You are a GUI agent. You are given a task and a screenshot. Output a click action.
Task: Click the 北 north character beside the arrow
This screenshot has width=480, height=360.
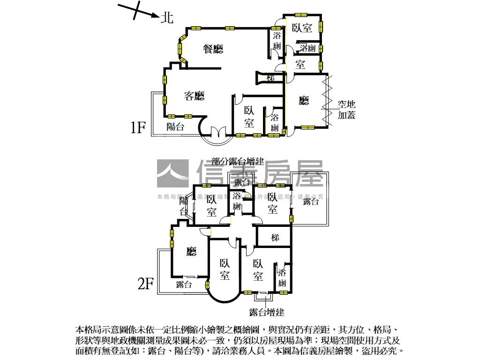coord(167,18)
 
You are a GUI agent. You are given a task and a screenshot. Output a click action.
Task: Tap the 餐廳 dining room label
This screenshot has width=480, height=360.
coord(213,49)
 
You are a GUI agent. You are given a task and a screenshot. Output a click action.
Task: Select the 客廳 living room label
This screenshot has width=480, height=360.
coord(194,96)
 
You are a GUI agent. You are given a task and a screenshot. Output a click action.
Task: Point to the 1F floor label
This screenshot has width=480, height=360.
coord(139,127)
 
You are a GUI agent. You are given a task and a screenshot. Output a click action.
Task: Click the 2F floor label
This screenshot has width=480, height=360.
coord(145,283)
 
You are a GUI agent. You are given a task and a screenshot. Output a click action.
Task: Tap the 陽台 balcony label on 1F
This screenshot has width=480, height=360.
coord(176,127)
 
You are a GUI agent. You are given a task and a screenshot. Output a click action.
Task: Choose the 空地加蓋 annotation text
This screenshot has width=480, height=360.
coord(346,109)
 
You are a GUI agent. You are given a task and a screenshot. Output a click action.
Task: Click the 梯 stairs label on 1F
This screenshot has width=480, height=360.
coord(270,78)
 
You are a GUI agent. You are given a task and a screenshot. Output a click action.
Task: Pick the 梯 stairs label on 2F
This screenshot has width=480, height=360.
coord(275,238)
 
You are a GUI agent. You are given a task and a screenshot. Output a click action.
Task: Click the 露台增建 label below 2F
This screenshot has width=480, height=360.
coord(266,312)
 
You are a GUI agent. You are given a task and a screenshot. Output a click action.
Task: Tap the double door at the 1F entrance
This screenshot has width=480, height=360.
coord(218,132)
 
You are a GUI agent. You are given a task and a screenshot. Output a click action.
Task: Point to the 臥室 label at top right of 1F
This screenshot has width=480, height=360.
coord(302,28)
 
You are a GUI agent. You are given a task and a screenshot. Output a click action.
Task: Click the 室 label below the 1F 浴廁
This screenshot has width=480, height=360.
coord(300,64)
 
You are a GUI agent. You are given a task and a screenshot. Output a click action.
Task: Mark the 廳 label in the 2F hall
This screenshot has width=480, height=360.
coord(191,252)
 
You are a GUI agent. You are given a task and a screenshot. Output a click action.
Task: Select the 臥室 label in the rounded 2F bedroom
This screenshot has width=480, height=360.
coord(225,270)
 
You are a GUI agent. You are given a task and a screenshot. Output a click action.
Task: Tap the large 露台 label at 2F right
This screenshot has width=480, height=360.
coord(311,202)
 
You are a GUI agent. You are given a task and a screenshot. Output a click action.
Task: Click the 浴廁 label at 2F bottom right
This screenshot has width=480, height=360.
coord(282,278)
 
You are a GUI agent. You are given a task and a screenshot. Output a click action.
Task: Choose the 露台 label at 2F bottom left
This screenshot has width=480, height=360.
coord(184,284)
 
